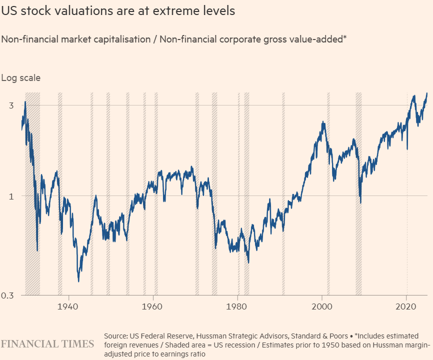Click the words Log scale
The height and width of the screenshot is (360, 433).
[x=21, y=77]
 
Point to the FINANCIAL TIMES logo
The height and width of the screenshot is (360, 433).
[x=47, y=344]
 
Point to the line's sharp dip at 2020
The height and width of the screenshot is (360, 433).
[x=407, y=148]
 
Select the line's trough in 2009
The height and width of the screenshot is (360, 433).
[x=360, y=202]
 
